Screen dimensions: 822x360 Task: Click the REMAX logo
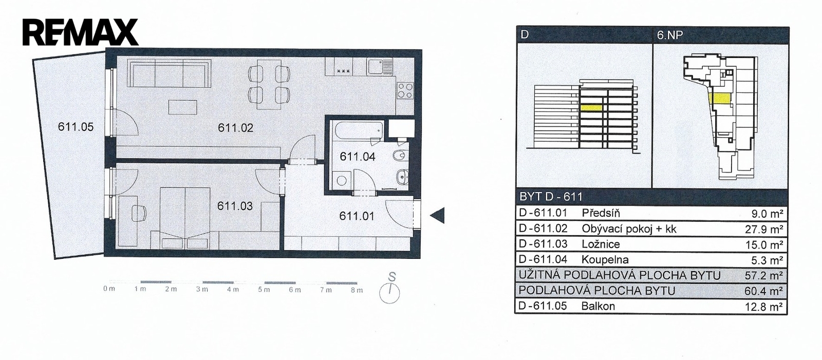click(x=80, y=32)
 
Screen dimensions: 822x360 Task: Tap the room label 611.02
click(x=236, y=128)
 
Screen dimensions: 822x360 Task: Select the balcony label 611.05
click(x=76, y=127)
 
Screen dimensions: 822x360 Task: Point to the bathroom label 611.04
click(x=358, y=157)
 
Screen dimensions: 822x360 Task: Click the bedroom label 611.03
click(x=235, y=206)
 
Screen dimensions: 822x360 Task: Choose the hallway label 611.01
click(x=357, y=216)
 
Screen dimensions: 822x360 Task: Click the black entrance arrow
click(x=437, y=215)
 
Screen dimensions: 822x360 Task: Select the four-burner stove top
click(x=405, y=90)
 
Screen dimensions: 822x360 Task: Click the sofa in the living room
click(x=169, y=73)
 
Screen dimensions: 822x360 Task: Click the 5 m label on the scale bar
click(x=264, y=290)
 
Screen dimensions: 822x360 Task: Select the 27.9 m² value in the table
click(x=764, y=230)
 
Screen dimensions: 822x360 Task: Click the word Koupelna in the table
click(x=605, y=260)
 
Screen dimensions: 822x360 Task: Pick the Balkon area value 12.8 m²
click(x=764, y=307)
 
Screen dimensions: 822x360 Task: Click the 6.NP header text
click(x=670, y=35)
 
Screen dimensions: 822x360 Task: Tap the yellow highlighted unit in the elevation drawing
click(x=591, y=107)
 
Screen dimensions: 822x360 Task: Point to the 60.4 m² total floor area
click(x=764, y=291)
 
